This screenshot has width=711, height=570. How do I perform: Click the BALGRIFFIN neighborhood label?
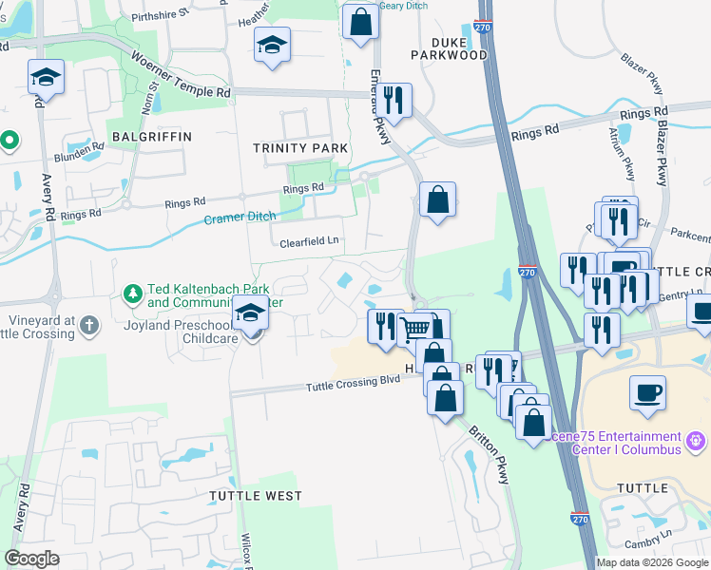click(x=151, y=137)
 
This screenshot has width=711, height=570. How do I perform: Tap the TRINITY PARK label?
click(x=300, y=148)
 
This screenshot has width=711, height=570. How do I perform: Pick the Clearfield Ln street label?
click(x=309, y=242)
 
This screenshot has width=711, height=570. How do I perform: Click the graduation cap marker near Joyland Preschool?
click(x=249, y=313)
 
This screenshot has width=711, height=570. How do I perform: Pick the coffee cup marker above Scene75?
click(x=647, y=392)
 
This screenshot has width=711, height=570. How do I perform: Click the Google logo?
click(x=31, y=559)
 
